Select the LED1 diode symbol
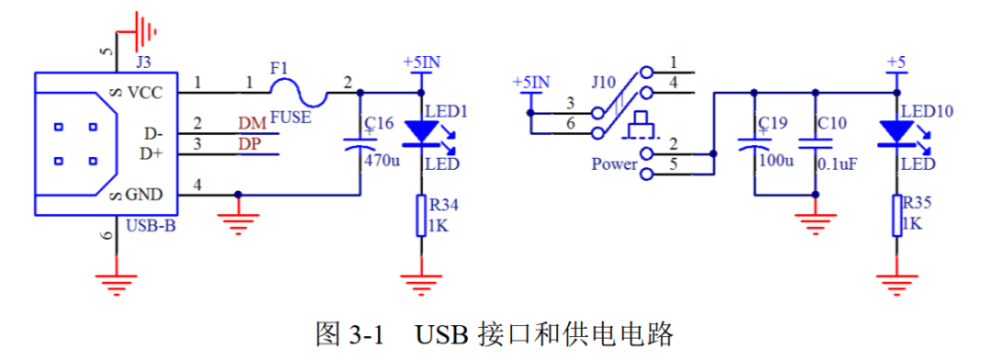[422, 132]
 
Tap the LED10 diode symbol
[896, 132]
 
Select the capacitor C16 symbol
[357, 142]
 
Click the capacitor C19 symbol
[753, 142]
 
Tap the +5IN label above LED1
[421, 62]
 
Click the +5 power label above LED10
[896, 62]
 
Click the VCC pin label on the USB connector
[145, 92]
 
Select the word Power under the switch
[614, 164]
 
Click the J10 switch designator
[603, 82]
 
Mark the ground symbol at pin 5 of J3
[143, 32]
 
